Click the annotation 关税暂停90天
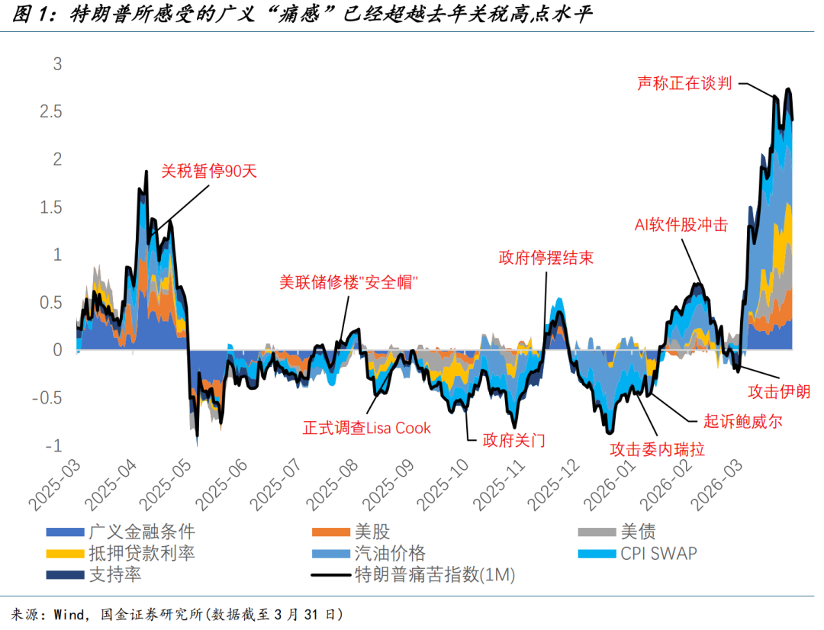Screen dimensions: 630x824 tap(209, 172)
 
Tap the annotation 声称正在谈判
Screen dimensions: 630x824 tap(684, 83)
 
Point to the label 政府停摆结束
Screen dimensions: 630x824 tap(546, 257)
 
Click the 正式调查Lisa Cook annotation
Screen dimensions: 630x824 tap(366, 428)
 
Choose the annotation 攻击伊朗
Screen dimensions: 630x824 tap(778, 391)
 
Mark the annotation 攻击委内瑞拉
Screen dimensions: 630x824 tap(656, 449)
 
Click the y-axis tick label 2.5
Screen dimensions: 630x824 tap(51, 112)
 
